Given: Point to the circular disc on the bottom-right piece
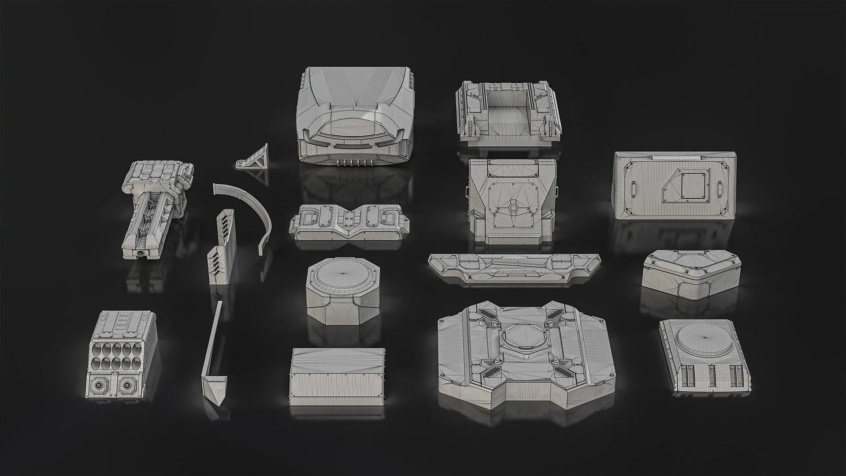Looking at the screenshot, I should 704,337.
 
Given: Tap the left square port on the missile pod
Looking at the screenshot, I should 102,387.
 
